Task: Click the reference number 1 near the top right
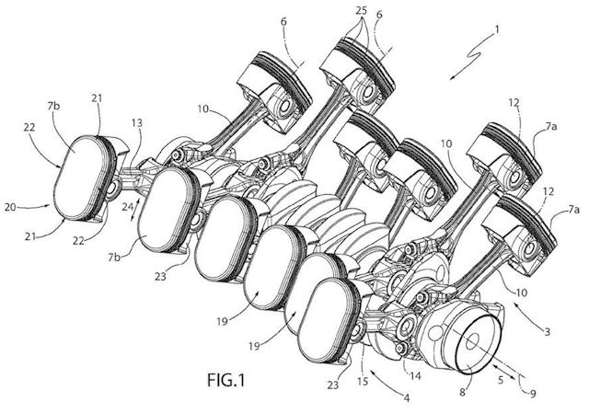(497, 29)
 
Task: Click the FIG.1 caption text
(225, 380)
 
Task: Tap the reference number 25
(361, 11)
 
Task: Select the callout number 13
(137, 123)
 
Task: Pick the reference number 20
(11, 206)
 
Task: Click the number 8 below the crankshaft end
(462, 392)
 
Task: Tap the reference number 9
(533, 393)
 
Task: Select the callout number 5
(500, 380)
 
